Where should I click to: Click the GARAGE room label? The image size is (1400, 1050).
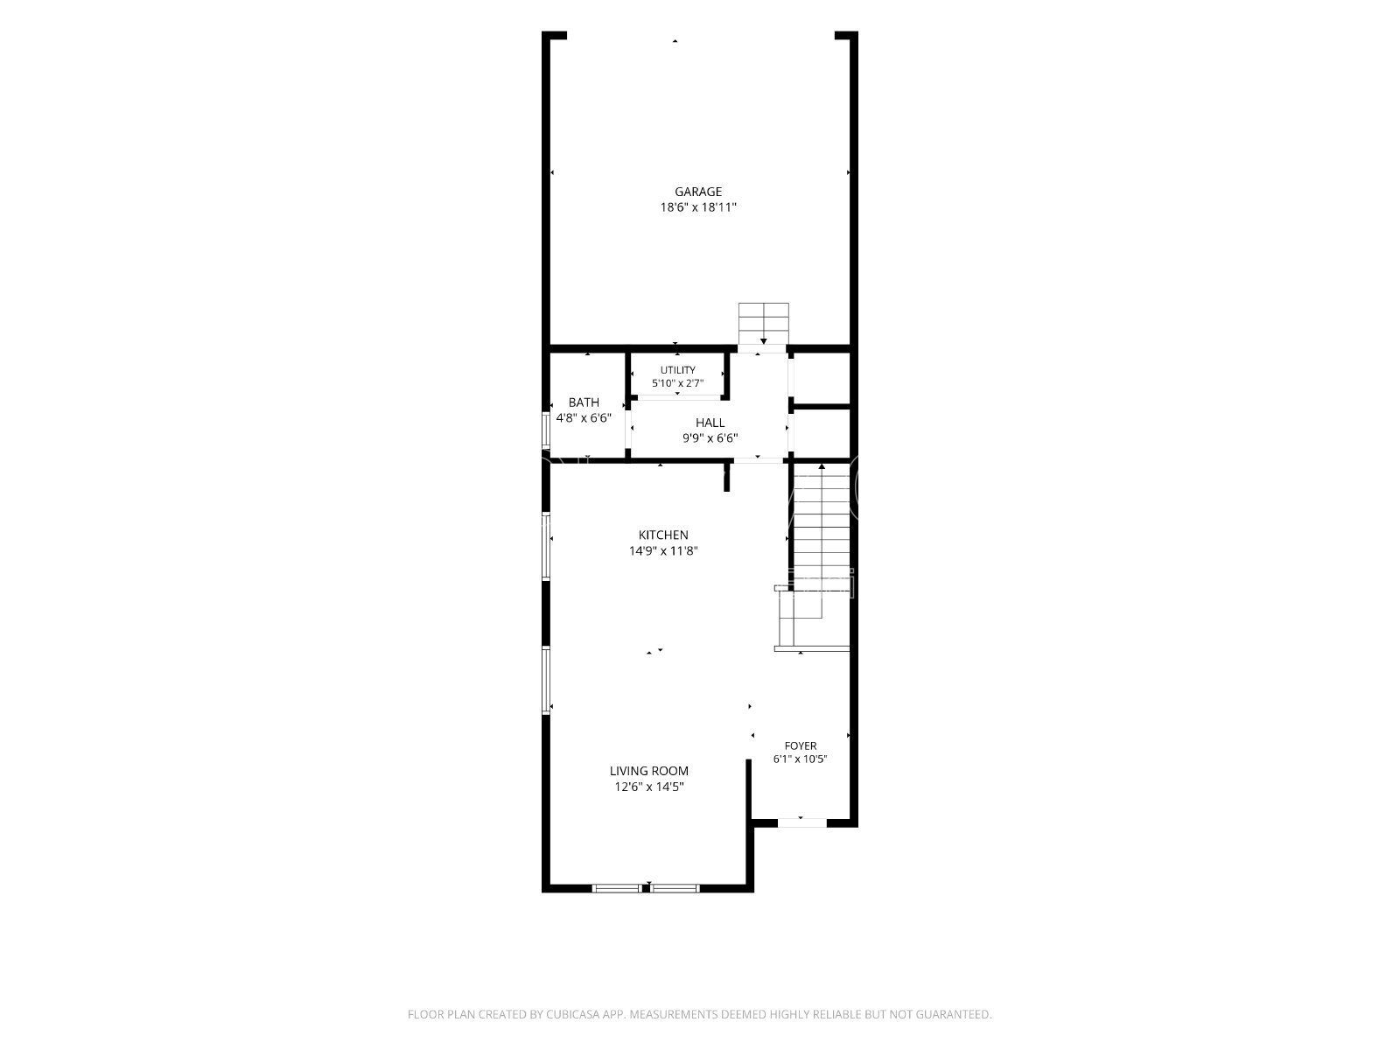pos(698,192)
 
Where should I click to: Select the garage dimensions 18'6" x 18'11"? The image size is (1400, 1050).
pos(698,207)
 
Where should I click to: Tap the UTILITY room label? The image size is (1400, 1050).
pos(677,370)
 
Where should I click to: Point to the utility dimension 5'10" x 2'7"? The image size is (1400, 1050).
pos(677,383)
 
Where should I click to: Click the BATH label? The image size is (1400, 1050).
pos(584,402)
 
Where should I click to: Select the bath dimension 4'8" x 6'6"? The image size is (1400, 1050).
pos(584,418)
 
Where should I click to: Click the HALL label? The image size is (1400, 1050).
pos(710,422)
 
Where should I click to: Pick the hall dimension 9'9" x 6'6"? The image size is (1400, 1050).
pos(710,438)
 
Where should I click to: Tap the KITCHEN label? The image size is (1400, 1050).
pos(663,535)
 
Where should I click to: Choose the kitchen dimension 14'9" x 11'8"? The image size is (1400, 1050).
pos(663,551)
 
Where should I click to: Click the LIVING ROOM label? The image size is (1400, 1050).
pos(648,771)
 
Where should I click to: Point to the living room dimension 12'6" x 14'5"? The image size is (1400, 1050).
pos(648,787)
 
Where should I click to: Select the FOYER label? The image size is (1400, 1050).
pos(801,745)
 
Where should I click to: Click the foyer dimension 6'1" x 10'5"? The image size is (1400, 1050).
pos(801,759)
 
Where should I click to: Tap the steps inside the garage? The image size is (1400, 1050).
pos(764,324)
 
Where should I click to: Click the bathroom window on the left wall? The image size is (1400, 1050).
pos(546,429)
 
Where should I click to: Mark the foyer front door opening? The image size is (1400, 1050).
pos(801,823)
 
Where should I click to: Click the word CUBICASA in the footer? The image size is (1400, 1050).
pos(573,1013)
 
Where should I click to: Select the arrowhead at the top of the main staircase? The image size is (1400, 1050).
pos(822,466)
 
